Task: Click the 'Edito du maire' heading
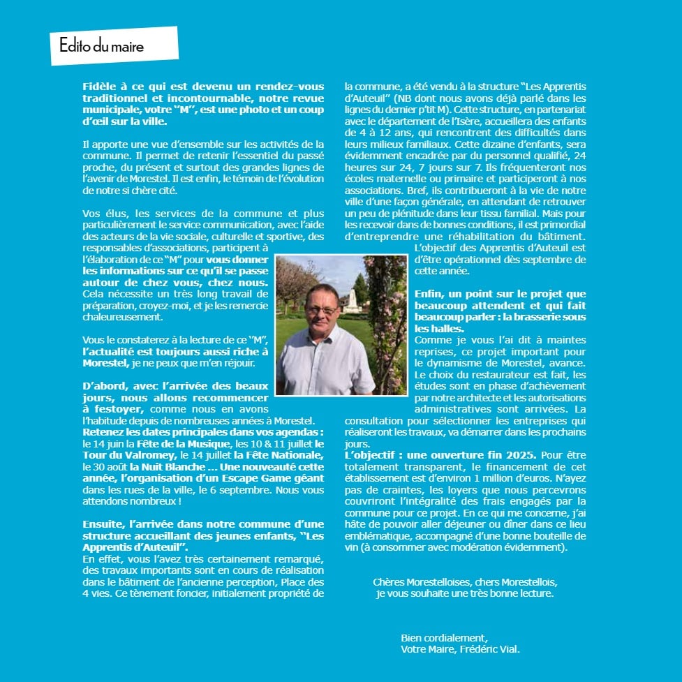(x=102, y=47)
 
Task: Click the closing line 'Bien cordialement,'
(x=445, y=637)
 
